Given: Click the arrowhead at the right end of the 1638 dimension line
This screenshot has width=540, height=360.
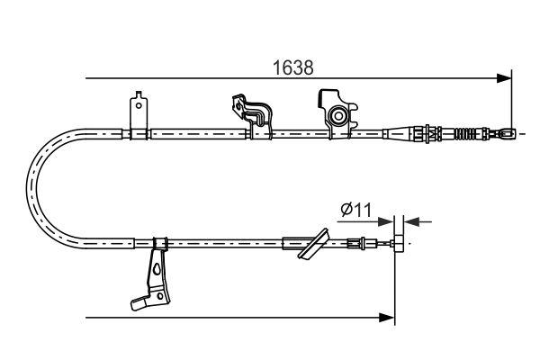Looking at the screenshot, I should [507, 76].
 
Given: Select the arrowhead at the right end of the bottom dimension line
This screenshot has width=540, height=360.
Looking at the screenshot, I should [389, 317].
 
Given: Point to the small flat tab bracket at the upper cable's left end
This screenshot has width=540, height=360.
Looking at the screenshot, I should [138, 114].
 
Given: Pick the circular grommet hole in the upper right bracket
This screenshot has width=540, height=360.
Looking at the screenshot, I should [339, 116].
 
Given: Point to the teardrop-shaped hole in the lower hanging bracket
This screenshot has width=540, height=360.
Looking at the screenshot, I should [159, 267].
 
